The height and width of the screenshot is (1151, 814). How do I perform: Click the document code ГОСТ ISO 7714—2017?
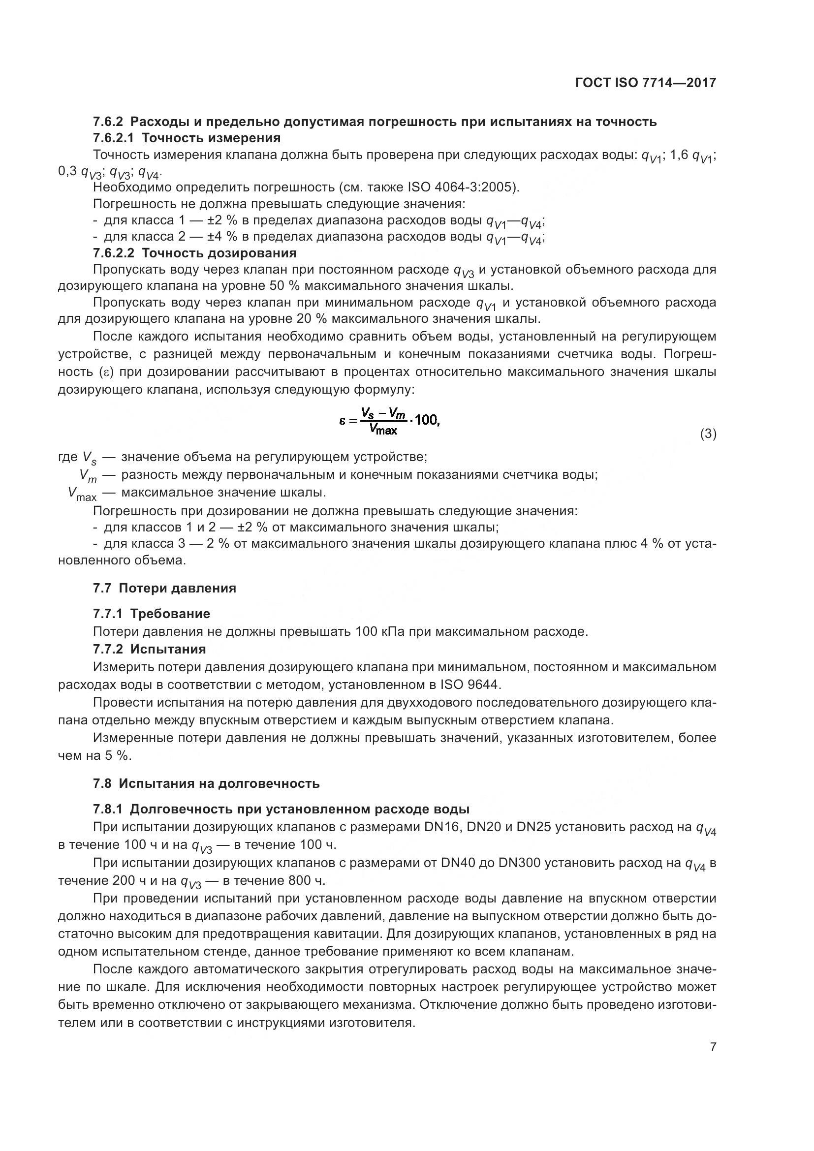tap(645, 83)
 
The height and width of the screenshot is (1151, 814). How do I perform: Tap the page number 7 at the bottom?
tap(713, 1047)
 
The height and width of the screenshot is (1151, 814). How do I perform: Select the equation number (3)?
tap(708, 434)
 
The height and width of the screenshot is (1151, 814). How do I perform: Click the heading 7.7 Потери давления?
tap(164, 588)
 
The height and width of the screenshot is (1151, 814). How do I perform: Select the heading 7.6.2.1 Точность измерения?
tap(187, 137)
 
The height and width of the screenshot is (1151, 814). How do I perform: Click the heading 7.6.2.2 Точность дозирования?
tap(194, 252)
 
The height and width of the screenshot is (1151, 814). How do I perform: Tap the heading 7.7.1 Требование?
tap(152, 614)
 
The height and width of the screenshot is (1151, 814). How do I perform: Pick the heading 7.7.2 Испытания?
tap(150, 649)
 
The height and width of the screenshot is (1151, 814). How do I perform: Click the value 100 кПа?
tap(380, 631)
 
